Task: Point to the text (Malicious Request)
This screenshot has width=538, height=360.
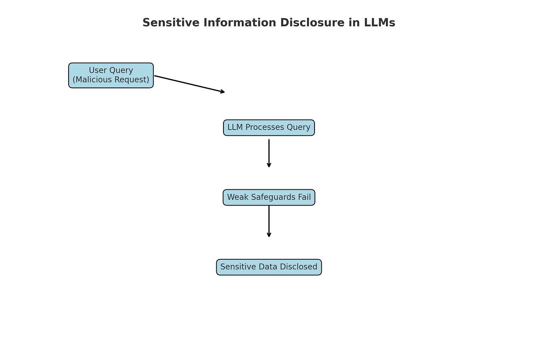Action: [x=111, y=80]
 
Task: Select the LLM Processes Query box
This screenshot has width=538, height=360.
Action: [x=269, y=128]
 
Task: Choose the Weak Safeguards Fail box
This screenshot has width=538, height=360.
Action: [x=269, y=197]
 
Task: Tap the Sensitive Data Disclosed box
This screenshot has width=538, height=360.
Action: [x=269, y=267]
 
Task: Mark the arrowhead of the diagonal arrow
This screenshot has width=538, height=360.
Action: [x=223, y=92]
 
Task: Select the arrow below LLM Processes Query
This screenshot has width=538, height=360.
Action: [x=269, y=152]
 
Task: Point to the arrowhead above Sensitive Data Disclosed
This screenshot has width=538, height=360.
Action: [x=269, y=235]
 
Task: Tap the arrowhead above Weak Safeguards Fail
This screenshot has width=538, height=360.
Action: [x=269, y=166]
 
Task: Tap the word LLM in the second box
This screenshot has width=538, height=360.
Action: [x=235, y=128]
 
